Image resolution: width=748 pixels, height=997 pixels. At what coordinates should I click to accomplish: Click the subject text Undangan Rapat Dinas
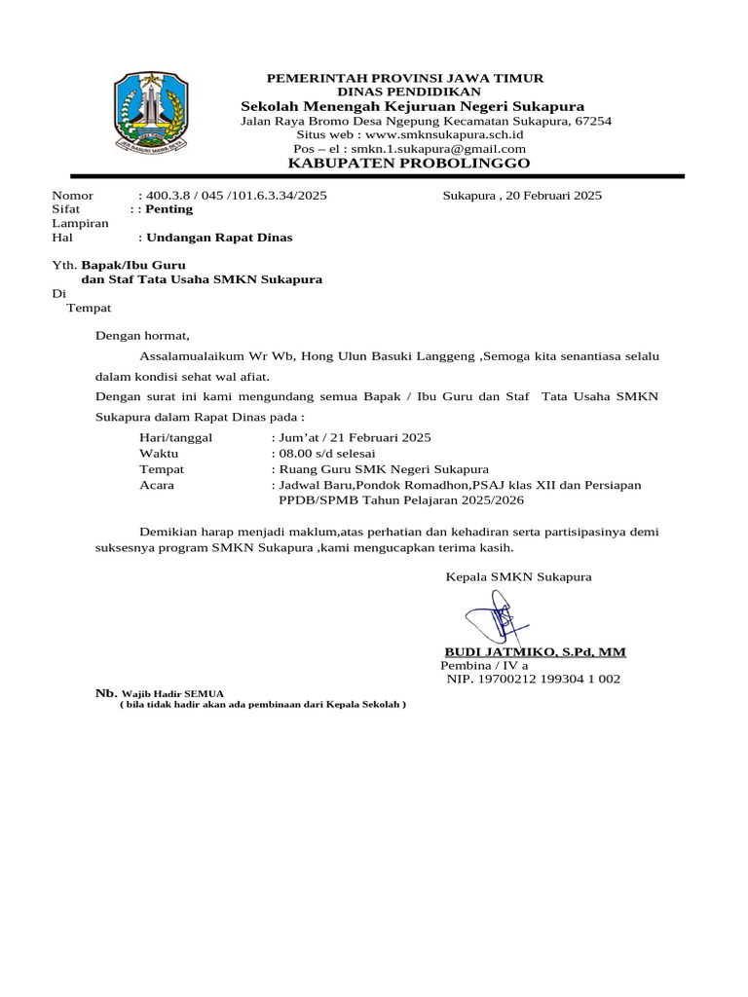pos(218,237)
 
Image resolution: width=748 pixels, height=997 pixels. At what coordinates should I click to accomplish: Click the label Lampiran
pos(80,223)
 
